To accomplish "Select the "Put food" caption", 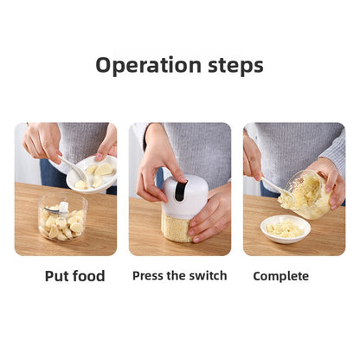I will coord(74,276).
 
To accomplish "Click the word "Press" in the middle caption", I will coord(149,276).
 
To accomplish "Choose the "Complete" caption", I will coord(280,276).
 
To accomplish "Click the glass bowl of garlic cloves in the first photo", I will coord(63,220).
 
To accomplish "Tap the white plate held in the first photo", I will coord(92,173).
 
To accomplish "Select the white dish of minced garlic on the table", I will coord(285,229).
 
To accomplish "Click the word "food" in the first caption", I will coord(88,276).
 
